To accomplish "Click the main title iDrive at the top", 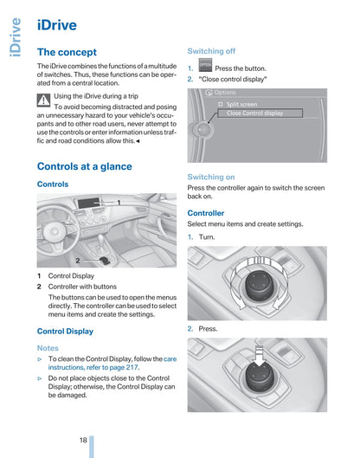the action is coord(57,25).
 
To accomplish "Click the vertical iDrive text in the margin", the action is coord(16,37).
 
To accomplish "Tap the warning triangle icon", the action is coord(43,100).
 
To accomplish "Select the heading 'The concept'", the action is coord(67,52).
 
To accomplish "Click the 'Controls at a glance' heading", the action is coord(85,166).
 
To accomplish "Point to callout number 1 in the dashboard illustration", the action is coord(119,202).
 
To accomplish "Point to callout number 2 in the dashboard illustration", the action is coord(78,261).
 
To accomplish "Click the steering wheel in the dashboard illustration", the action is coord(55,232).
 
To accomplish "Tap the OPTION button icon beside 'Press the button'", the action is coord(205,65).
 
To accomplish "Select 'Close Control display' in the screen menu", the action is coord(254,113).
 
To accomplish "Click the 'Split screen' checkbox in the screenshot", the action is coord(221,104).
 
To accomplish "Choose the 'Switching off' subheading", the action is coord(211,51).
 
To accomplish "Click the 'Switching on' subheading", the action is coord(211,177).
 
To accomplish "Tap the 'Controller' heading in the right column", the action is coord(206,213).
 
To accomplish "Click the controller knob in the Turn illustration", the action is coord(260,285).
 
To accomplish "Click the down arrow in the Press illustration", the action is coord(260,356).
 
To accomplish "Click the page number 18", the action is coord(83,440).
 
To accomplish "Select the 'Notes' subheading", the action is coord(48,348).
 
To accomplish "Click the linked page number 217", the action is coord(132,367).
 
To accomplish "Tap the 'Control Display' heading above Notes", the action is coord(65,332).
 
